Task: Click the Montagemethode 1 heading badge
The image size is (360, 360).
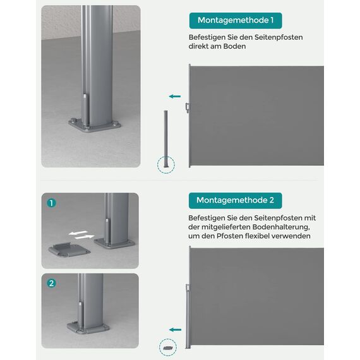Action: pyautogui.click(x=235, y=21)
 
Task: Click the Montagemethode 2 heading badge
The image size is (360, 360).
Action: pyautogui.click(x=235, y=200)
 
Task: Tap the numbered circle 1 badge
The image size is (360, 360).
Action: pyautogui.click(x=51, y=203)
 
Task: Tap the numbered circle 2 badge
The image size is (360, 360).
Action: pyautogui.click(x=51, y=284)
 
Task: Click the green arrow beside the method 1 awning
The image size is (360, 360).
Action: pyautogui.click(x=175, y=97)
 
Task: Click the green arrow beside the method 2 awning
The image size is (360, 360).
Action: pyautogui.click(x=175, y=329)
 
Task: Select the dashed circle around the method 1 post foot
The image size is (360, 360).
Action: pyautogui.click(x=165, y=165)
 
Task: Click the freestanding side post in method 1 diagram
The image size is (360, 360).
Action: pyautogui.click(x=165, y=136)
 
